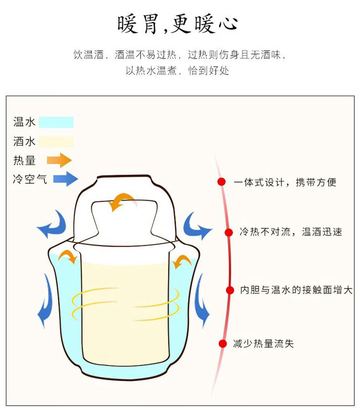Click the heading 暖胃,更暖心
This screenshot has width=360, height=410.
[x=178, y=24]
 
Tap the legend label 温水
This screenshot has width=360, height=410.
[x=24, y=122]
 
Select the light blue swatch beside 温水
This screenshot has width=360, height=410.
[x=56, y=122]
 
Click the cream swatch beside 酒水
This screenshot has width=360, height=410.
[x=56, y=142]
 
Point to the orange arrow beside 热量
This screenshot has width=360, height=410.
[x=60, y=160]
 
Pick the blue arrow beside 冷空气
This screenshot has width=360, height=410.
[x=65, y=179]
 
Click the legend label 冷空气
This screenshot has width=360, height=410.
[x=30, y=180]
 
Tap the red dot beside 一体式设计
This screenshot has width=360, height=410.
[x=221, y=182]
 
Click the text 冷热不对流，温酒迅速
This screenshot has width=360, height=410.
[x=291, y=232]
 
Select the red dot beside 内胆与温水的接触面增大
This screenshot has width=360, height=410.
[x=230, y=289]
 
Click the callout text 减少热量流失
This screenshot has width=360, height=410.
[x=263, y=343]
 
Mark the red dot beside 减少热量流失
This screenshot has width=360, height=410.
[x=222, y=343]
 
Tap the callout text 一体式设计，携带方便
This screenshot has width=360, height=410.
[x=285, y=182]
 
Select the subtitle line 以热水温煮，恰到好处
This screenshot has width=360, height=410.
[x=178, y=71]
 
